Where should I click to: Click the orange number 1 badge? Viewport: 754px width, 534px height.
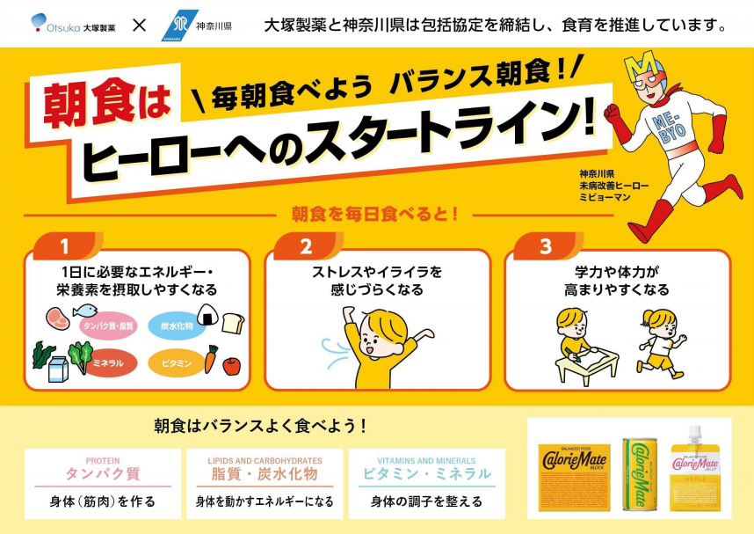64,247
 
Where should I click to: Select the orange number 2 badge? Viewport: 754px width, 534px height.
306,247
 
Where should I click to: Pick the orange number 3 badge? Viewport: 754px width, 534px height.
545,247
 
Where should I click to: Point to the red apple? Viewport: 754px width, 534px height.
231,365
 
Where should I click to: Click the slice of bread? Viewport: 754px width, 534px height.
233,323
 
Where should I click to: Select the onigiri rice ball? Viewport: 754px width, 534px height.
207,314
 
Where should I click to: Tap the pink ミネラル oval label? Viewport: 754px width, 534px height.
108,362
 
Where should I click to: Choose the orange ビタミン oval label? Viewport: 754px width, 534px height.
176,362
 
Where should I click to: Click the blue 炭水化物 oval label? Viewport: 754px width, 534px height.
176,326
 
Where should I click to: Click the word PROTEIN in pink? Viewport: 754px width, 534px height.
103,460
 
